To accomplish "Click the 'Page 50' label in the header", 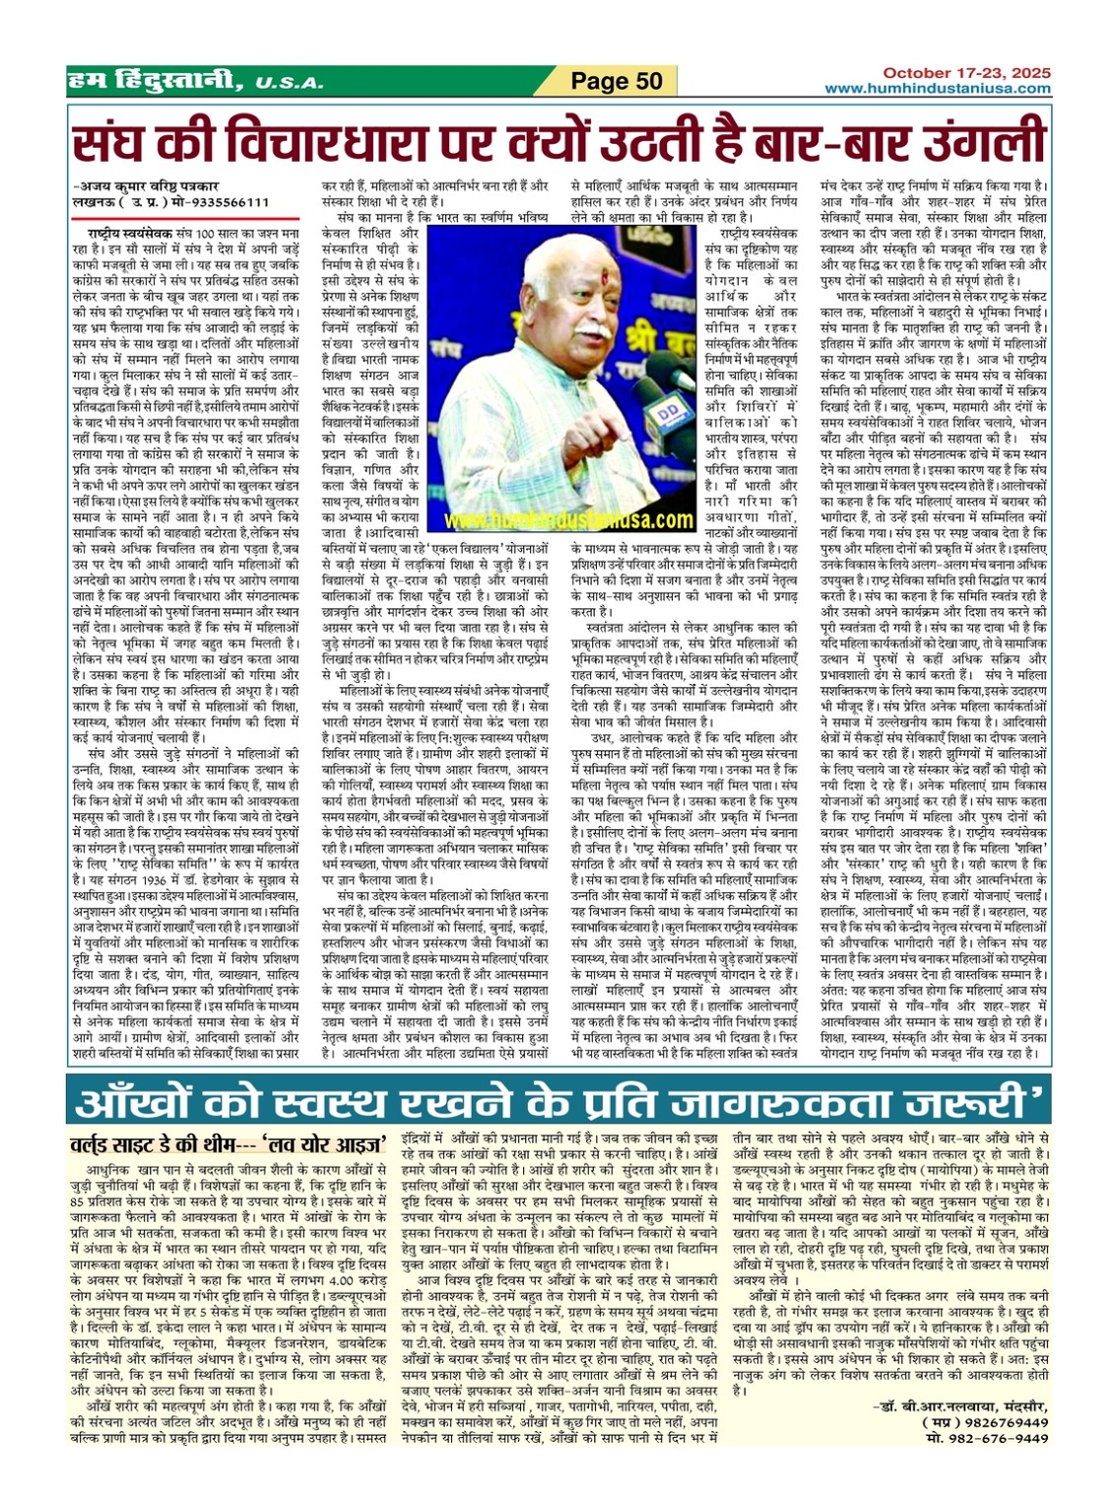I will pos(618,82).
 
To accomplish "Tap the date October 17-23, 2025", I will pos(966,73).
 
